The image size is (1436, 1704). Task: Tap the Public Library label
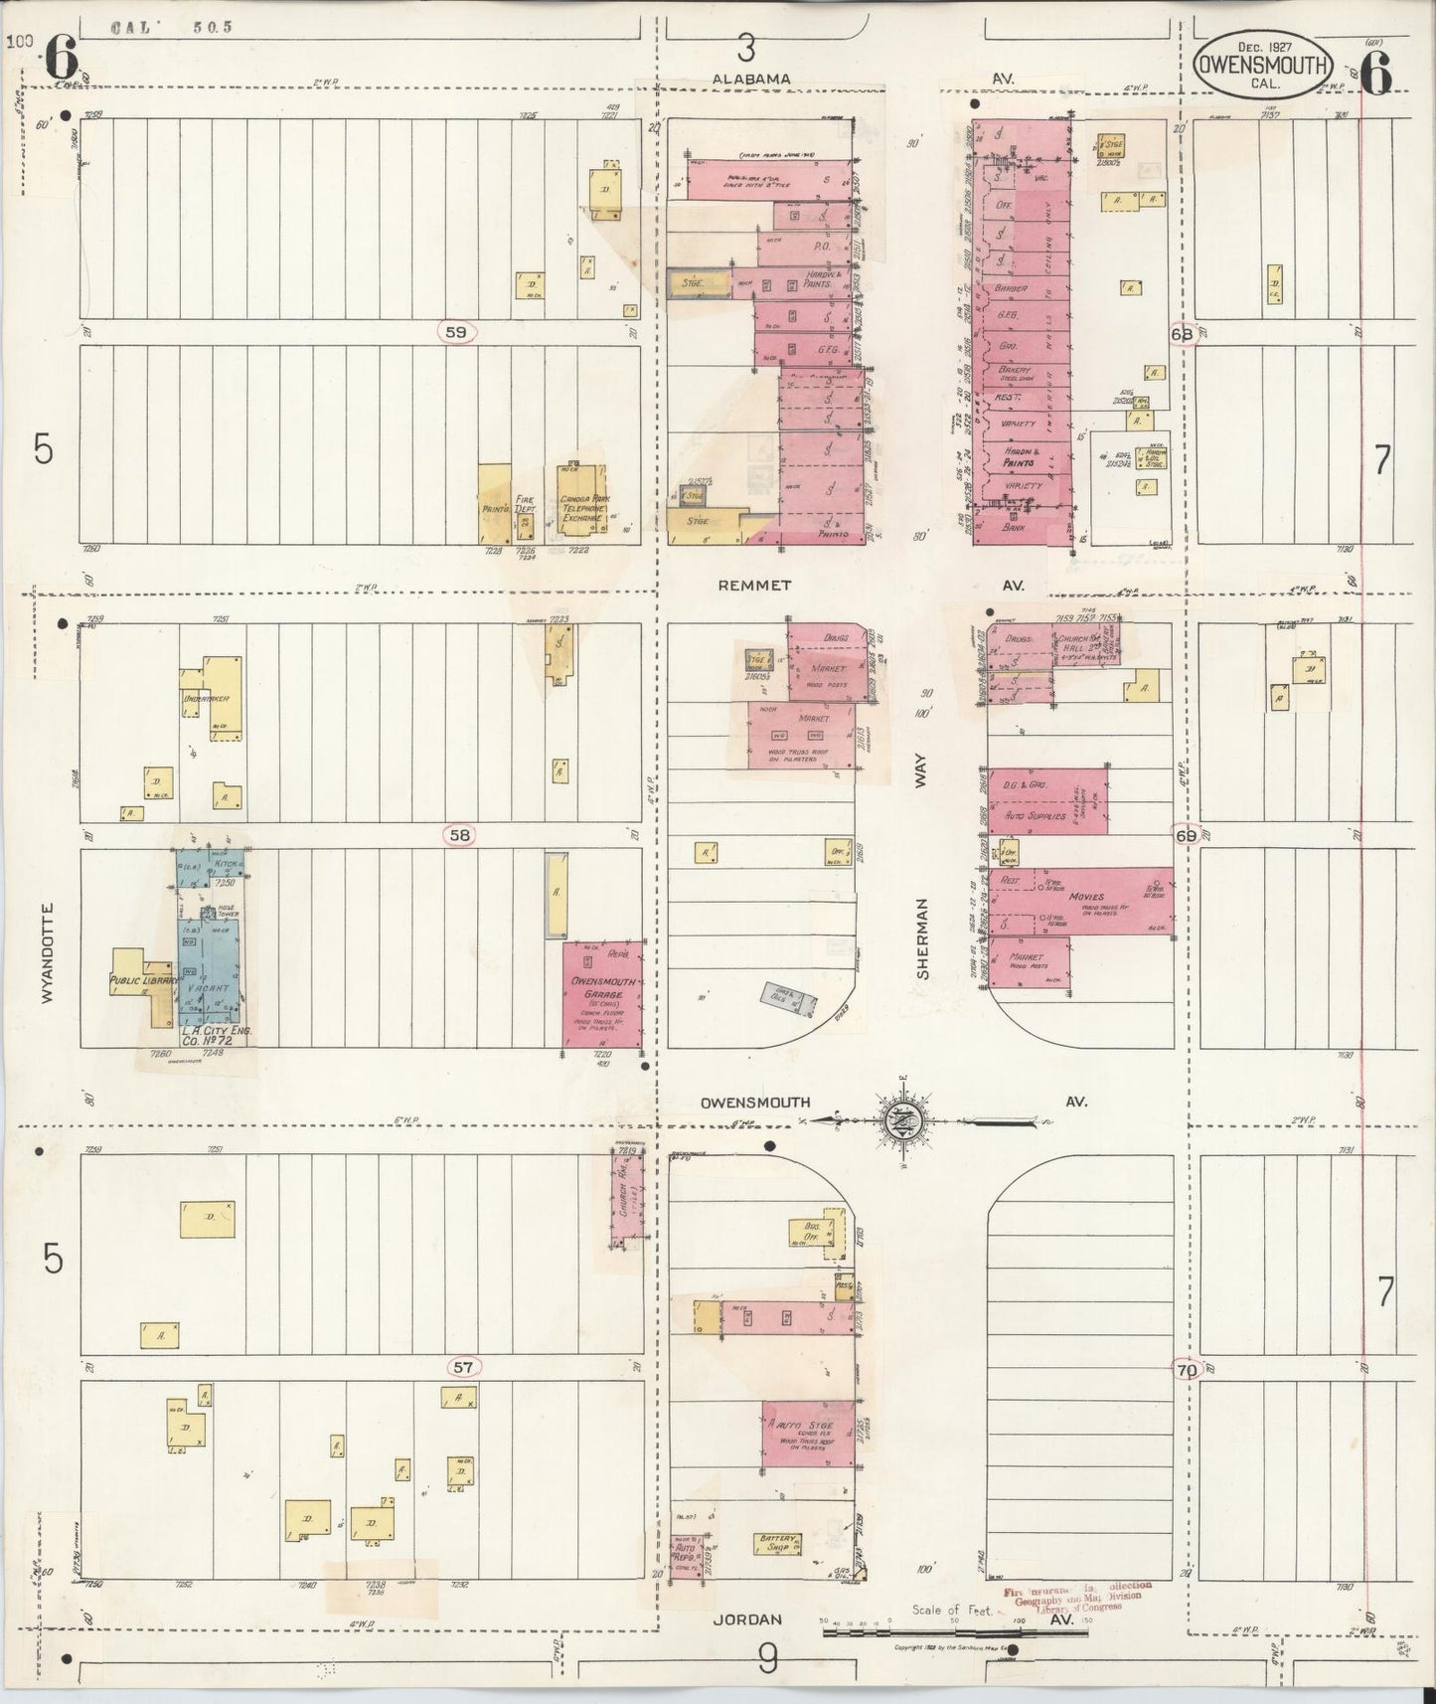point(142,980)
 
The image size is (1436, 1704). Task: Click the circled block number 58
point(459,835)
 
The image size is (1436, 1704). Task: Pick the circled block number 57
point(463,1367)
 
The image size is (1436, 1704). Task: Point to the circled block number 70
point(1186,1369)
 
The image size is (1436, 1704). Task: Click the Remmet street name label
point(752,587)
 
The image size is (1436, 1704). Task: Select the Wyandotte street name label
point(49,954)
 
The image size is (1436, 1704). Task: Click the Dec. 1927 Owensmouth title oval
point(1262,66)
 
